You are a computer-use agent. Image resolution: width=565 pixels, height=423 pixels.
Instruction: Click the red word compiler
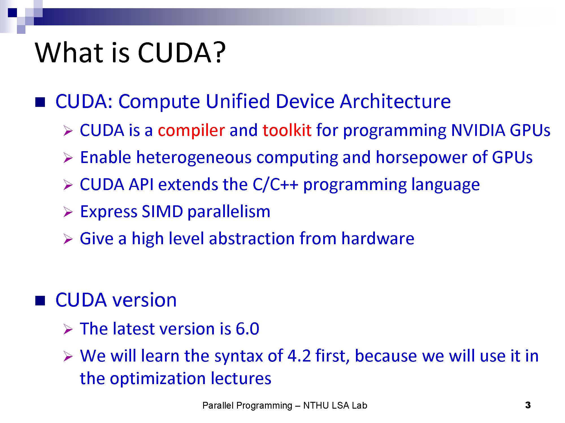point(191,130)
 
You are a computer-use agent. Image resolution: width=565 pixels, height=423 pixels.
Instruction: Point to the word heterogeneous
point(194,157)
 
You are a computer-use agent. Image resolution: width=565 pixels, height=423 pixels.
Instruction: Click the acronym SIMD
point(162,211)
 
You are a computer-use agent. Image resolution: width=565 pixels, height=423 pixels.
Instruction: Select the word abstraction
point(252,238)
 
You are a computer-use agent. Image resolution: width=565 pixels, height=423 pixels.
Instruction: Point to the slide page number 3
point(528,405)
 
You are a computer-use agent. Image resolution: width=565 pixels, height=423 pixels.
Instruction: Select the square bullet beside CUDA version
point(40,301)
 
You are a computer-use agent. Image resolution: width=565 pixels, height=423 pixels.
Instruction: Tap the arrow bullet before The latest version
point(68,329)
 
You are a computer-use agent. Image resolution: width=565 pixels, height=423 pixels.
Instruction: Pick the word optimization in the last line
point(158,378)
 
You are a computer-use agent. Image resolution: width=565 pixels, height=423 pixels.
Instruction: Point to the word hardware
point(378,238)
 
